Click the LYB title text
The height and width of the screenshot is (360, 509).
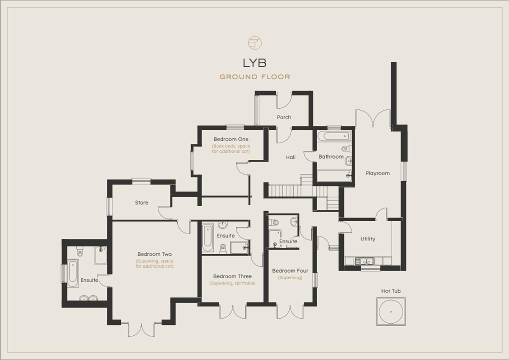(254, 62)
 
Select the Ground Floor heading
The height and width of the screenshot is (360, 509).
(255, 77)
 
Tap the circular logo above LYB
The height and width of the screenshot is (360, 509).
(255, 43)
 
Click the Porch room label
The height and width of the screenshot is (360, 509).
(284, 117)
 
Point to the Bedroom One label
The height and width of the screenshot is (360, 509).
(231, 139)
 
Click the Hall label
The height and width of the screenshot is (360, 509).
(290, 157)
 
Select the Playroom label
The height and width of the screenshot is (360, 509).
(377, 173)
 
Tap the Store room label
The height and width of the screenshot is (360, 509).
(141, 202)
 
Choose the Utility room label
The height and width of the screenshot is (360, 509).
(368, 239)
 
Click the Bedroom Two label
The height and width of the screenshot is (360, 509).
(154, 254)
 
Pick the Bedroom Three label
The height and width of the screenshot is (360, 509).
(232, 276)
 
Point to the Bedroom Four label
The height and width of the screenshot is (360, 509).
(290, 270)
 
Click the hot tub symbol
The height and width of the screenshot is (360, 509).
(391, 311)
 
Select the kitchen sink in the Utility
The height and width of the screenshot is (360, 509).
(364, 260)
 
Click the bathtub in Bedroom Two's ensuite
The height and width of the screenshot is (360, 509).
(73, 273)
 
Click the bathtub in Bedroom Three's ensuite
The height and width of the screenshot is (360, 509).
(208, 238)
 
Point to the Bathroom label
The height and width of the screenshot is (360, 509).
(331, 157)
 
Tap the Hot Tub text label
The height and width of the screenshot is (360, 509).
(391, 291)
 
